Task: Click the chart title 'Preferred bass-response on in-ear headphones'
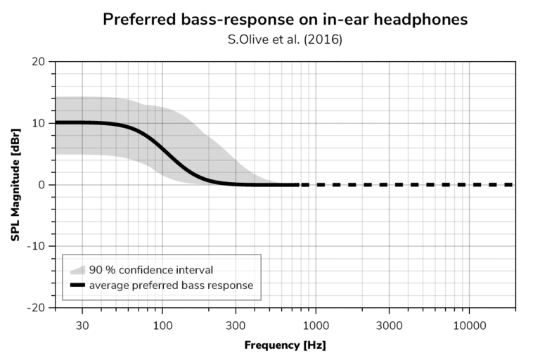(285, 19)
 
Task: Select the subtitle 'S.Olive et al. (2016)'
(285, 39)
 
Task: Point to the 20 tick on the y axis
(40, 62)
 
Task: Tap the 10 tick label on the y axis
(40, 123)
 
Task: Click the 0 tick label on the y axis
(43, 185)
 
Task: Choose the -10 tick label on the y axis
(38, 246)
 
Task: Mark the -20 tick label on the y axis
(38, 307)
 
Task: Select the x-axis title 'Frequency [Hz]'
(285, 345)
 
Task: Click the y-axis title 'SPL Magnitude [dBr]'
(15, 185)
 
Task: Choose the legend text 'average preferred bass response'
(170, 285)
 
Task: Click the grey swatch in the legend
(77, 269)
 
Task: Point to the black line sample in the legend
(77, 285)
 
